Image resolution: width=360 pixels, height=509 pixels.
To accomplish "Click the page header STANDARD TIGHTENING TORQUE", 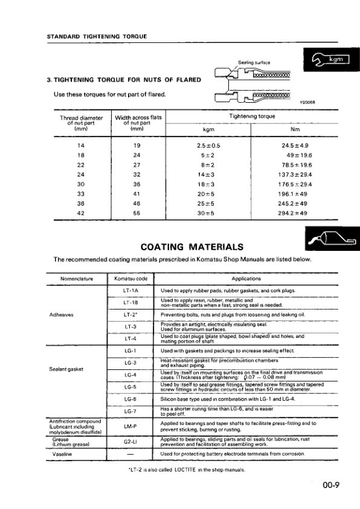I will pos(97,36).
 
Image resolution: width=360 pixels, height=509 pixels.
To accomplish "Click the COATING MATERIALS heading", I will pos(192,247).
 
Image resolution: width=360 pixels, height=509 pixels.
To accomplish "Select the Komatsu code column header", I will pos(130,279).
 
